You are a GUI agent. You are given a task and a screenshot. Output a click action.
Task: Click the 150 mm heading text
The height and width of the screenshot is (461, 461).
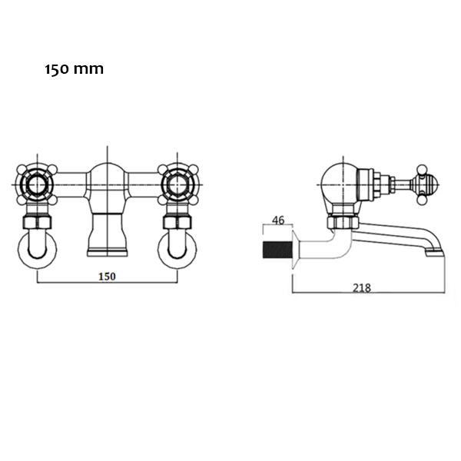74,69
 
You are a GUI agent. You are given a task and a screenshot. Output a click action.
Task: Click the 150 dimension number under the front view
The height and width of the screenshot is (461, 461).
107,277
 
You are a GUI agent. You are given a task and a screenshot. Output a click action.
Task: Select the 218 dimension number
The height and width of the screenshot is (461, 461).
362,288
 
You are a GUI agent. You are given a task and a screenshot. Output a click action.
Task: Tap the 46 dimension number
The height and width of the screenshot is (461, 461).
278,221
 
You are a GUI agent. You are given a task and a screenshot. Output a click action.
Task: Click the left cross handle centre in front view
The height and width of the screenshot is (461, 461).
37,184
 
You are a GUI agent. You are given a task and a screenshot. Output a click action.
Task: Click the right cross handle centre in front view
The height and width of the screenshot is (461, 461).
177,184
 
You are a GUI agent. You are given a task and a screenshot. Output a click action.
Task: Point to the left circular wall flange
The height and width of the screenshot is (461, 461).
37,249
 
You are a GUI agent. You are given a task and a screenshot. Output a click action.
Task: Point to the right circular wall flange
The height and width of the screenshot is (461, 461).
177,249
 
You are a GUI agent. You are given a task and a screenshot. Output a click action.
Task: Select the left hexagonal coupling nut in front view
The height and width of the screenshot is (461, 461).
37,222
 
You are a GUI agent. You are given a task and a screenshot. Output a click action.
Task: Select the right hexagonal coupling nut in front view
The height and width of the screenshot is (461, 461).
177,222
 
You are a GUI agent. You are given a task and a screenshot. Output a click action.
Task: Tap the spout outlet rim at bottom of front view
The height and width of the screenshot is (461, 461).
108,252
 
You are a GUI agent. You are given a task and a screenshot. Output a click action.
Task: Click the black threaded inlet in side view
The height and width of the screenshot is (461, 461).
277,250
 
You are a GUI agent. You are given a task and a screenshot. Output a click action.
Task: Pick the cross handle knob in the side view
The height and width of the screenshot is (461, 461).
422,184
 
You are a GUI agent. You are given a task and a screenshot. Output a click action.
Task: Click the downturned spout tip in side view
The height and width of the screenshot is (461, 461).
435,252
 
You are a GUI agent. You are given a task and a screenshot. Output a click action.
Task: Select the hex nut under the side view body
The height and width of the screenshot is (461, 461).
343,222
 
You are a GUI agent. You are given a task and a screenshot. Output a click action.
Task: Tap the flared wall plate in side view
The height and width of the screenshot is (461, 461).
296,249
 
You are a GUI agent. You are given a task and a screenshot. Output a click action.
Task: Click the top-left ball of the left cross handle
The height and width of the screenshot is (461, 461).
22,169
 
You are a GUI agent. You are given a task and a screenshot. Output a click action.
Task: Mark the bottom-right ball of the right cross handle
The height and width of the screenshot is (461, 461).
193,201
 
